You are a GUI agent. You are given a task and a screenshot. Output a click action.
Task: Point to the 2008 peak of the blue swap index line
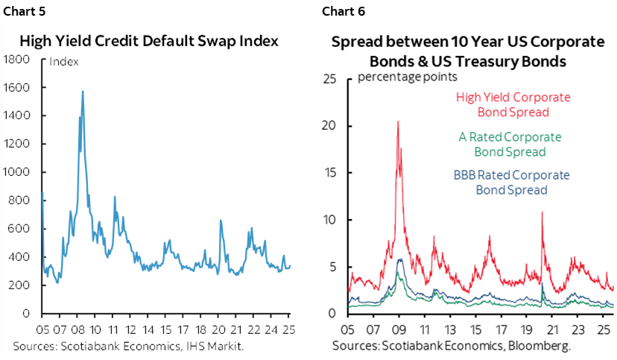[x=82, y=92]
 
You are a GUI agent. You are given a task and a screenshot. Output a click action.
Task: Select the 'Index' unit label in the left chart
[x=63, y=62]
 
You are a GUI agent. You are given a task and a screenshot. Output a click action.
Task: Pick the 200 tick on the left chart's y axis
[x=19, y=285]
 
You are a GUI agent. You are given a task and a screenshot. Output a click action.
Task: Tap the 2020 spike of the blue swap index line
[x=221, y=221]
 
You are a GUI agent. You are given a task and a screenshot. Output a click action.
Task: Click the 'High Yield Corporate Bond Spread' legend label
[x=513, y=105]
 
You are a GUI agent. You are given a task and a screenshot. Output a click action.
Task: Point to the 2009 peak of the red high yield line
[x=398, y=121]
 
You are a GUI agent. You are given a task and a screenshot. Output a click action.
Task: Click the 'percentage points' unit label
[x=408, y=77]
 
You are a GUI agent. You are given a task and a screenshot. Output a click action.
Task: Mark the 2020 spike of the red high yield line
[x=542, y=213]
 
